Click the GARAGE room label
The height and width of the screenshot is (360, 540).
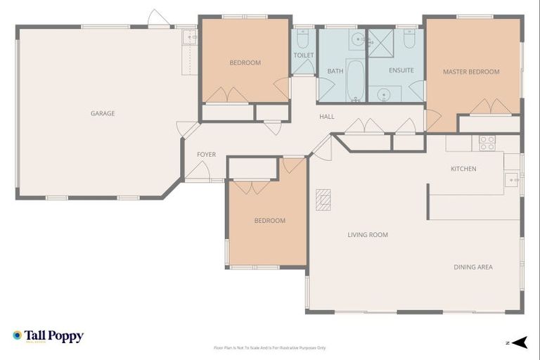[x=103, y=113]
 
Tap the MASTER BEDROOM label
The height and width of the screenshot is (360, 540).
[x=471, y=72]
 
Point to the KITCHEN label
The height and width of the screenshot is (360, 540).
[x=463, y=169]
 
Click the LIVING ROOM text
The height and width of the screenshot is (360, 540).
[x=368, y=235]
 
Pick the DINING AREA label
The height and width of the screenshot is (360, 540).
[x=472, y=267]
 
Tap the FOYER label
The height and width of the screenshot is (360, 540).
[x=206, y=155]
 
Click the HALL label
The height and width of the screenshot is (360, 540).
[x=327, y=117]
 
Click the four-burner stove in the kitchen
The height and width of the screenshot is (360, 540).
[x=487, y=143]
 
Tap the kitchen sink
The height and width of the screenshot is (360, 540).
[x=511, y=180]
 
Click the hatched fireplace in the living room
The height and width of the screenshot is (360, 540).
[x=323, y=200]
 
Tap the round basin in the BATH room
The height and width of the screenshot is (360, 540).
[x=357, y=39]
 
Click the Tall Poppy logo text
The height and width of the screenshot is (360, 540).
[x=53, y=336]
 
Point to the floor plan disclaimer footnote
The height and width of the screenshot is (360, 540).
[x=269, y=348]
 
